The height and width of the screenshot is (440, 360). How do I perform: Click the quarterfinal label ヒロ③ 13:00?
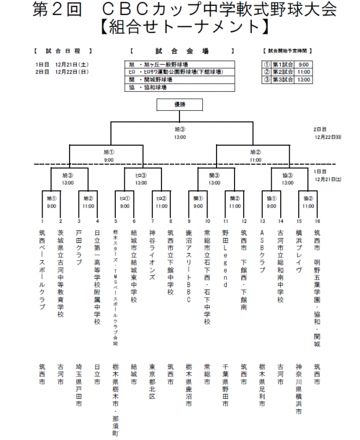tap(141, 179)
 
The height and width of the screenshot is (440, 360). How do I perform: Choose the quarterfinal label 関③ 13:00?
tap(214, 179)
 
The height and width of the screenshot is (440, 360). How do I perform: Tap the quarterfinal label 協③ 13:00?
tap(287, 179)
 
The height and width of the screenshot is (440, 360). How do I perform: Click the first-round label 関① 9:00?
tap(196, 202)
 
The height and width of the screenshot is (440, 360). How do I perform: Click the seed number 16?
tap(316, 221)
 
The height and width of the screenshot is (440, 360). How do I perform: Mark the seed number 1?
tap(42, 221)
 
